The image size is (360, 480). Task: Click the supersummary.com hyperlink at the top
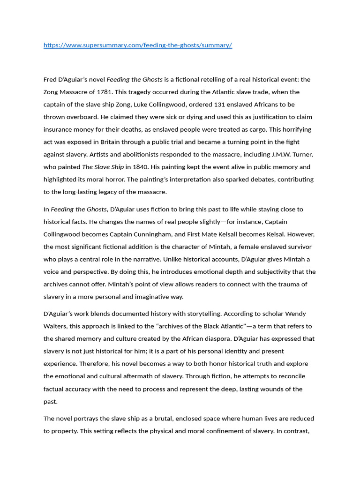tap(138, 45)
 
